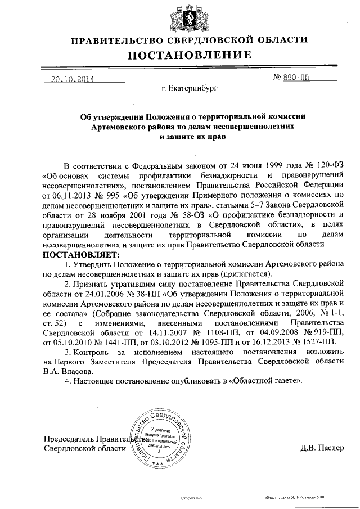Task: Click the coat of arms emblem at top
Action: pos(180,16)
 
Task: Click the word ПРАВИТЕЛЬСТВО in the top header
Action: pos(117,40)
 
